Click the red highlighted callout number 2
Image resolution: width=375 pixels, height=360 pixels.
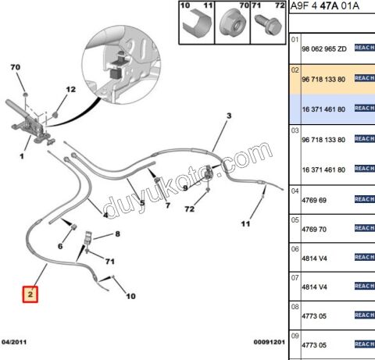tap(30, 294)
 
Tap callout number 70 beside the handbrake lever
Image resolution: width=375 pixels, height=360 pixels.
tap(16, 67)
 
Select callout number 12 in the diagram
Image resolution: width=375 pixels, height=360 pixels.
tap(70, 90)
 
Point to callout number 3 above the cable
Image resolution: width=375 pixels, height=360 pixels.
tap(229, 116)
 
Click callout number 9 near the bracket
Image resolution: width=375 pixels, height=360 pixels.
tap(185, 187)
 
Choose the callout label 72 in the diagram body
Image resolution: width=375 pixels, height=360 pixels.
tap(190, 209)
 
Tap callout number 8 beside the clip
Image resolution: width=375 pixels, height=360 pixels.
tap(118, 234)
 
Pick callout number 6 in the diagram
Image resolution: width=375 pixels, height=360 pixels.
tap(60, 246)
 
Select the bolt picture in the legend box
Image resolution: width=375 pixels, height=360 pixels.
tap(268, 25)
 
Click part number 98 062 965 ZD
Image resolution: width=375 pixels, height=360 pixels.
tap(324, 49)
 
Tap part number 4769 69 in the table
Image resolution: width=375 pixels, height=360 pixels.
tap(314, 200)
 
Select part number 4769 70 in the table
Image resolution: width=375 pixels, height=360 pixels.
tap(314, 230)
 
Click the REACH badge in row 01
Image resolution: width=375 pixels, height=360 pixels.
tap(365, 48)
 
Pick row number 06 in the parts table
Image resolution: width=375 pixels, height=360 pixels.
tap(295, 249)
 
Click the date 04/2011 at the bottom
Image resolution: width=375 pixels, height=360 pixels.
tap(14, 342)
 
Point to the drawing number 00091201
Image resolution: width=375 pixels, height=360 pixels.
tap(270, 342)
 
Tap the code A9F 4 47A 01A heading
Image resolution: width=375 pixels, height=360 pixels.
tap(325, 5)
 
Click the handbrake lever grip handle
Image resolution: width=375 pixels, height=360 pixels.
tap(16, 109)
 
